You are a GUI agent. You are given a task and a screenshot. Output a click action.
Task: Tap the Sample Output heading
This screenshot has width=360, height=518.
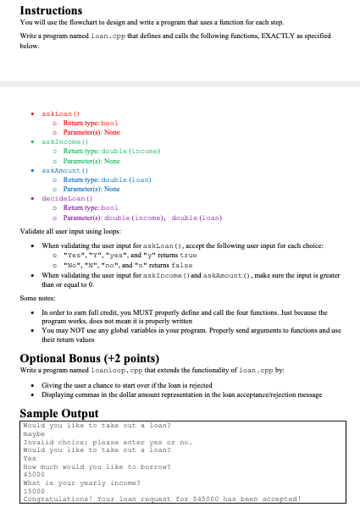(58, 412)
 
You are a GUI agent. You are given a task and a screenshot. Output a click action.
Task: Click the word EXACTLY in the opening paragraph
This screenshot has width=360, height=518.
(266, 38)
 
